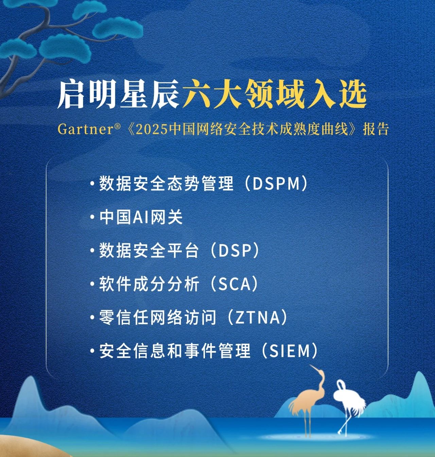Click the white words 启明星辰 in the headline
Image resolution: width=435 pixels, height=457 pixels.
[118, 95]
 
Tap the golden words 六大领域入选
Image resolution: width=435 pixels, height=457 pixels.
[274, 95]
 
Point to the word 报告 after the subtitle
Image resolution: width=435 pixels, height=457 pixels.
[376, 130]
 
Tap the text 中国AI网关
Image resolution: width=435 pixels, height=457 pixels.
[141, 217]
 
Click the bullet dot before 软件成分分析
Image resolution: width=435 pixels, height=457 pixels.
[92, 284]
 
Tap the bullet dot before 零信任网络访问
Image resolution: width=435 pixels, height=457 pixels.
[92, 317]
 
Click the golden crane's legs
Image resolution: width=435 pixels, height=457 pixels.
[308, 422]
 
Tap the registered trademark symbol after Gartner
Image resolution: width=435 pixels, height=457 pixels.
[117, 126]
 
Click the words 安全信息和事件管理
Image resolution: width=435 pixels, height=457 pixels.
[175, 351]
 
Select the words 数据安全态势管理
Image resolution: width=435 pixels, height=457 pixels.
[167, 184]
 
